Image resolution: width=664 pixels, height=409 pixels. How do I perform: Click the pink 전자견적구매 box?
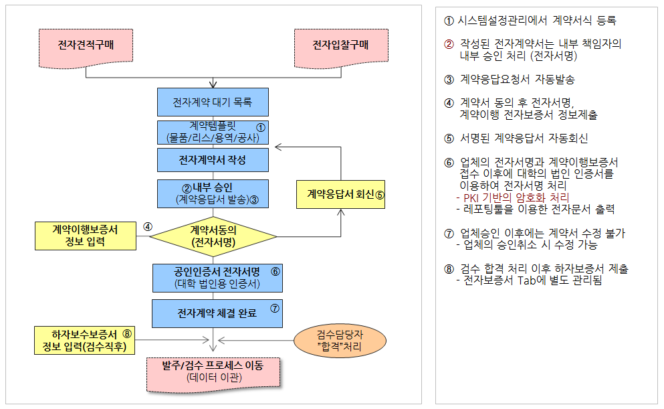tap(86, 48)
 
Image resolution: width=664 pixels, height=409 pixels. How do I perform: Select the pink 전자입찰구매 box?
tap(341, 48)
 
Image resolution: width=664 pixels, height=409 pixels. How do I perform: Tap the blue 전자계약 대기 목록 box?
tap(213, 102)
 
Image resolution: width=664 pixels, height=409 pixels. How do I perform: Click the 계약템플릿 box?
tap(213, 133)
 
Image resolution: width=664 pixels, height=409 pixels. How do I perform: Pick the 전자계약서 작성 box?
tap(213, 160)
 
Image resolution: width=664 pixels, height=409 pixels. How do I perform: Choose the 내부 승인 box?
tap(213, 193)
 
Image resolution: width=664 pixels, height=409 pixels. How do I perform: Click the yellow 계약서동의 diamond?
tap(213, 236)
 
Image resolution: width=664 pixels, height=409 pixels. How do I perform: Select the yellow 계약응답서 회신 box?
tap(340, 195)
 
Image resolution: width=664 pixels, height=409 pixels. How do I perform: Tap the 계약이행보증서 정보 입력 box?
tap(86, 236)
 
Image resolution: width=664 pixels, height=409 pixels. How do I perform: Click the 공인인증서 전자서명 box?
tap(217, 278)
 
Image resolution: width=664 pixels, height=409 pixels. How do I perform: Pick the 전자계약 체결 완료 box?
tap(217, 314)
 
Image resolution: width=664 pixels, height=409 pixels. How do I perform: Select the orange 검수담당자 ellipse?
tap(340, 341)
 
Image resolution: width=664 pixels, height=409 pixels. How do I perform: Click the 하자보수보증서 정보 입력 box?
tap(84, 340)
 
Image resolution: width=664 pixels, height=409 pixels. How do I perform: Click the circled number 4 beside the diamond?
tap(147, 227)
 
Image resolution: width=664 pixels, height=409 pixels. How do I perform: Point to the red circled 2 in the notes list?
tap(449, 44)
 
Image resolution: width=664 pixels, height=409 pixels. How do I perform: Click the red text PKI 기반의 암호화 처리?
tap(516, 197)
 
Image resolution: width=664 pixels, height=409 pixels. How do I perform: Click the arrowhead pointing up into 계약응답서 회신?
tap(341, 212)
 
